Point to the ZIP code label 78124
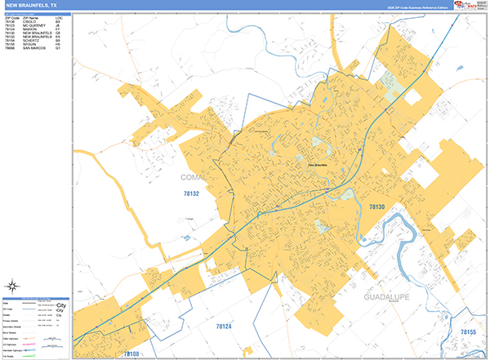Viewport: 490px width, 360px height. [x=225, y=327]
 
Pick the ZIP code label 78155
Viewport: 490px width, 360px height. [x=466, y=332]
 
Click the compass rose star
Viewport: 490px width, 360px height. [x=13, y=286]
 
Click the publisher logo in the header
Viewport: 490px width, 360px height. [x=469, y=5]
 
